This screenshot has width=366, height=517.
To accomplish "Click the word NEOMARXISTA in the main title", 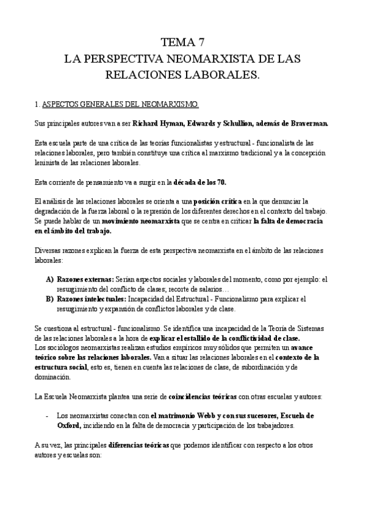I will coord(199,59).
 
